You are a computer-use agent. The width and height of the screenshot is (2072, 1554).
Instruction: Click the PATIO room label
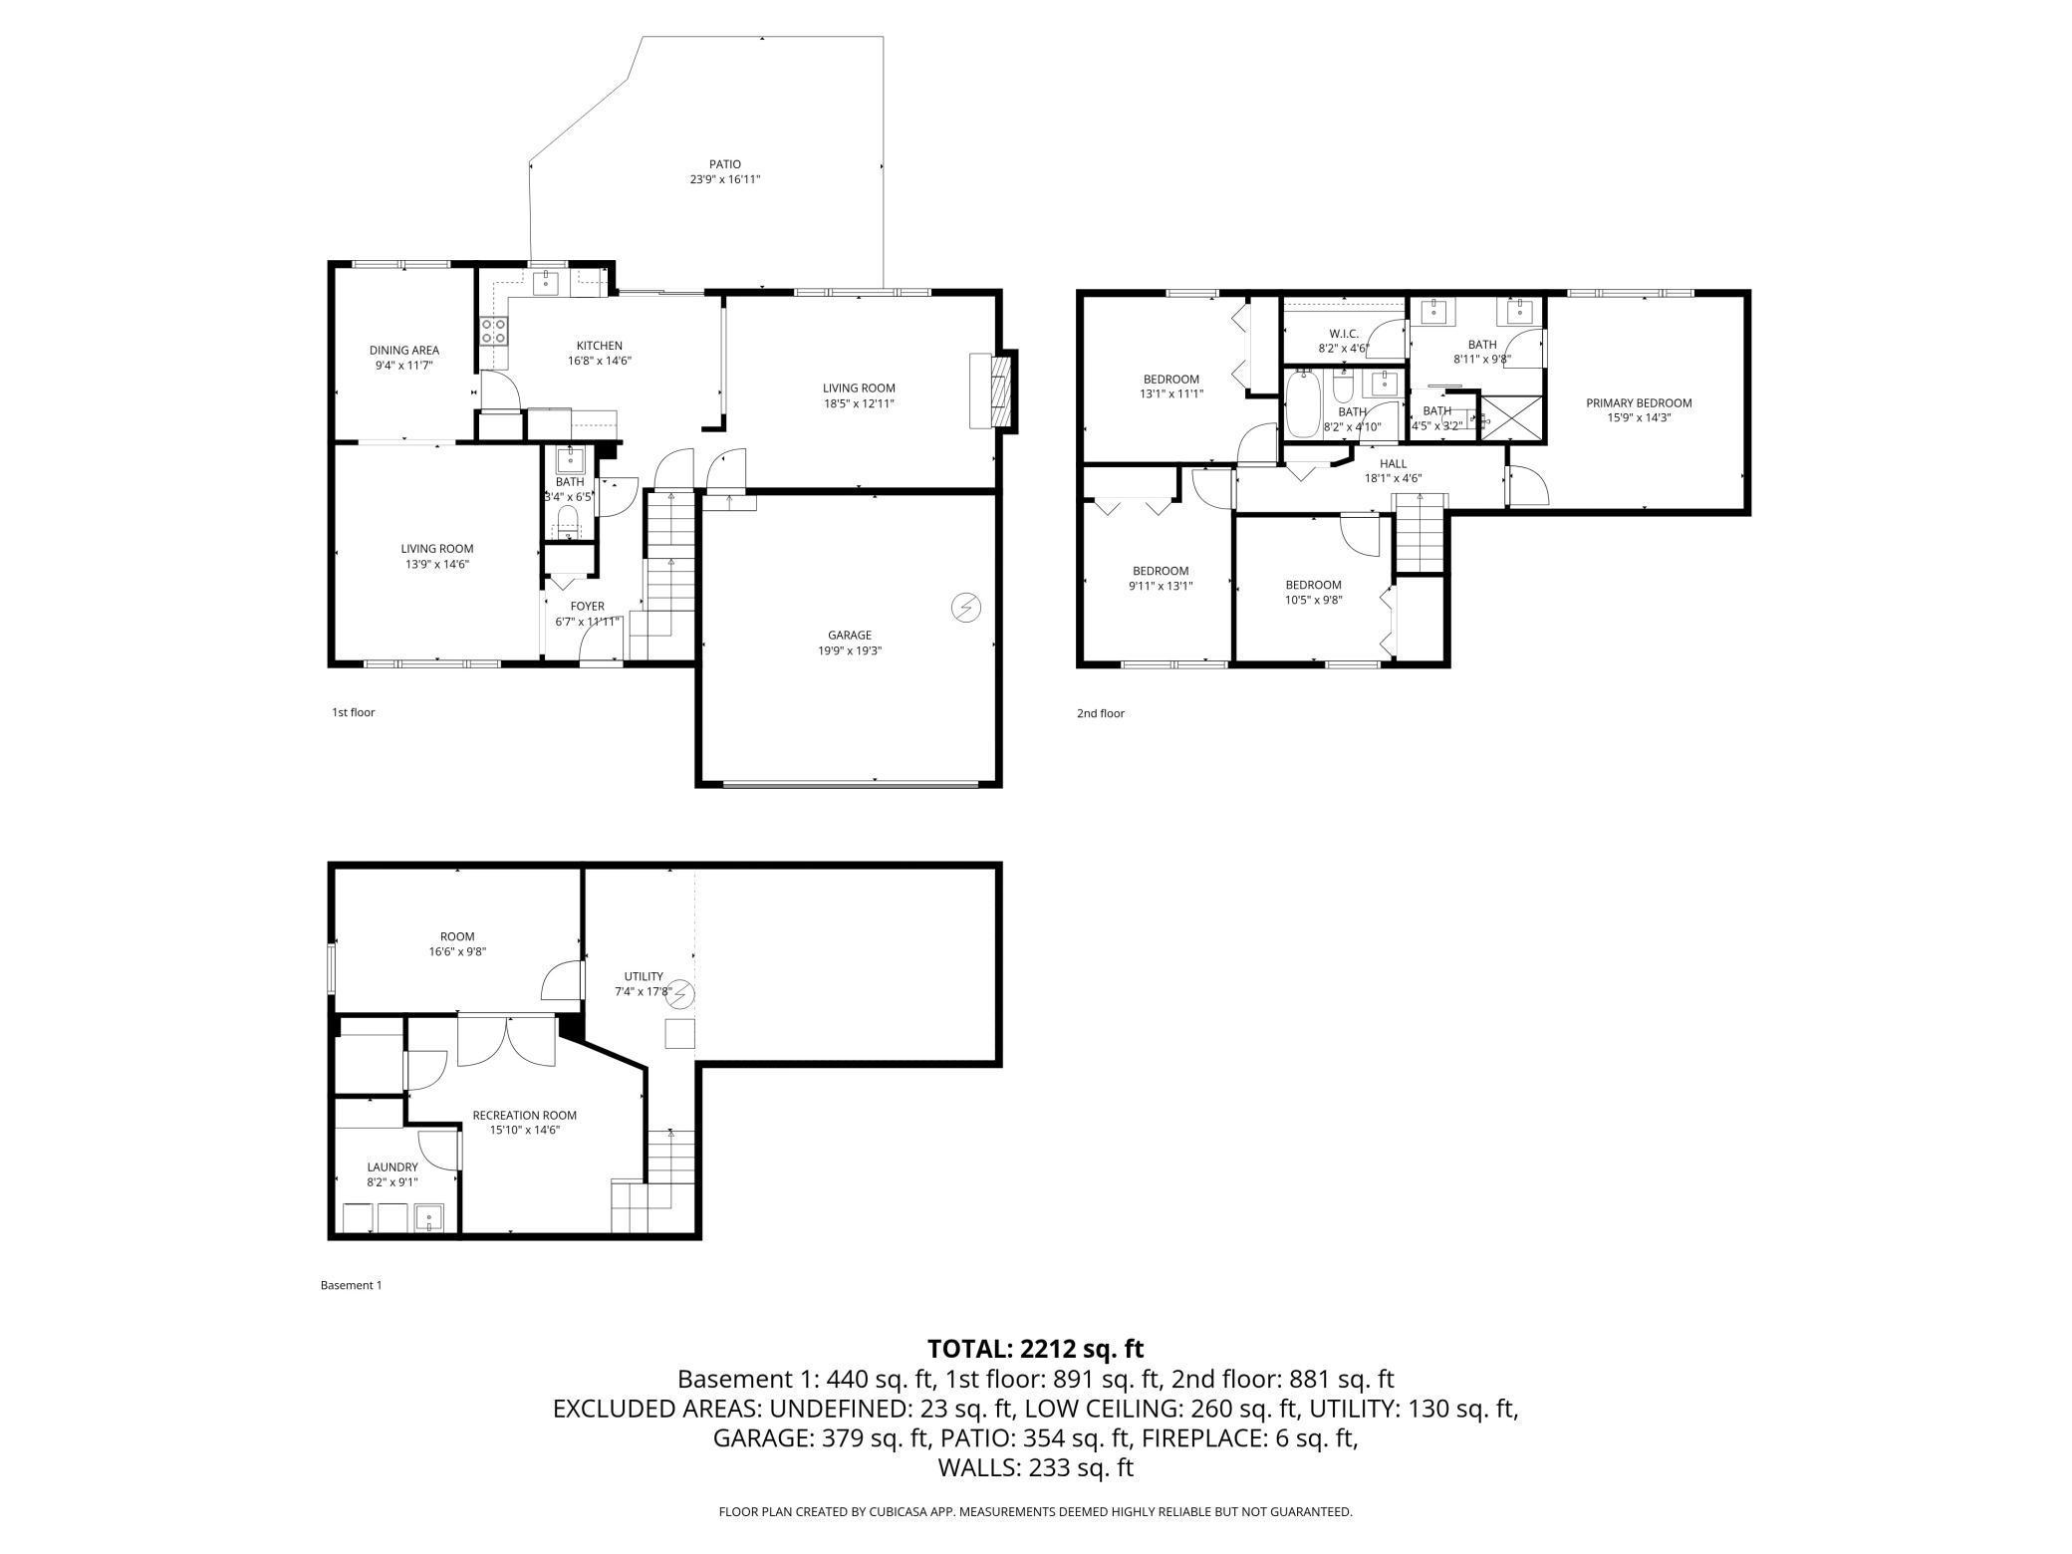click(x=724, y=164)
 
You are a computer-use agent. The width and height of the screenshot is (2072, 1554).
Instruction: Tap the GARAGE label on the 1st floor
click(x=849, y=635)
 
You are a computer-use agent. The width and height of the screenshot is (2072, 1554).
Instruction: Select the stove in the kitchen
click(x=493, y=331)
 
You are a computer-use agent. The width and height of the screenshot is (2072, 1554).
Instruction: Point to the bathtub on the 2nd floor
click(x=1301, y=404)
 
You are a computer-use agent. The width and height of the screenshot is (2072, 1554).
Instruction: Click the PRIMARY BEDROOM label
click(x=1639, y=402)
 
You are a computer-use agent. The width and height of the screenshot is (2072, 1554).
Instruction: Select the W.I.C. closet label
click(x=1344, y=334)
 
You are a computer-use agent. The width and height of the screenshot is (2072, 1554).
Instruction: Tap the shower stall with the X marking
click(x=1512, y=417)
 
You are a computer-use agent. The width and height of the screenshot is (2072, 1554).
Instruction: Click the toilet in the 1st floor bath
click(x=568, y=521)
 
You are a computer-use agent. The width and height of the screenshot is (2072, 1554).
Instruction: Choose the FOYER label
click(x=587, y=606)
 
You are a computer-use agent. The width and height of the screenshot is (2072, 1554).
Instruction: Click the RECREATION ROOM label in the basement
click(x=524, y=1115)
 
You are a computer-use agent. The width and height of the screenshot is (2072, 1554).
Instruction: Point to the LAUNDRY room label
click(x=392, y=1166)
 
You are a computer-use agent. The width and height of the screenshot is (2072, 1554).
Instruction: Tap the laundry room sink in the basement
click(x=429, y=1217)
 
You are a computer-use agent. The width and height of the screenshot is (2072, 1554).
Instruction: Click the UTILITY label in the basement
click(x=644, y=976)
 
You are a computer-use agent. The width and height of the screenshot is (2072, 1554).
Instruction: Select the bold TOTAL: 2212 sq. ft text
click(x=1035, y=1349)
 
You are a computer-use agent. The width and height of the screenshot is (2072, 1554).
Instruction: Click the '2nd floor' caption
click(x=1100, y=713)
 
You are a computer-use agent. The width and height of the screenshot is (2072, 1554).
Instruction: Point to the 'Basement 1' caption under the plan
click(x=351, y=1285)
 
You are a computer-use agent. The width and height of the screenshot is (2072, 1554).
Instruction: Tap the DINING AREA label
click(x=404, y=350)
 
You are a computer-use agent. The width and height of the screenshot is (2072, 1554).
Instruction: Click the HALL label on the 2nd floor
click(x=1393, y=463)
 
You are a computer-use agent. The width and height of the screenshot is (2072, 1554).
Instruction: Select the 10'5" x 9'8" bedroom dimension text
click(x=1313, y=600)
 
